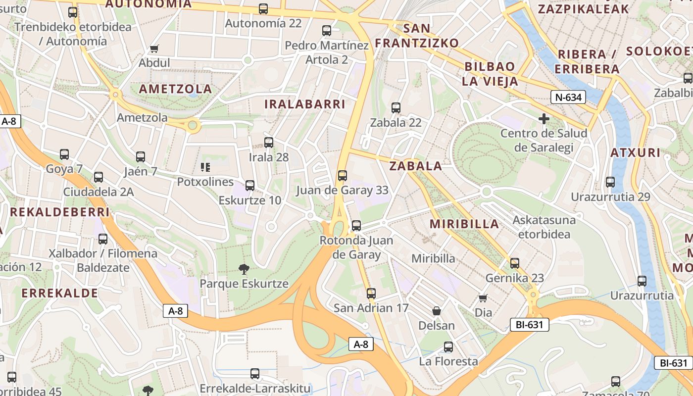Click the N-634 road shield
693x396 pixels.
[x=568, y=97]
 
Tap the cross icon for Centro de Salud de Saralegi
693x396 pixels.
[x=544, y=119]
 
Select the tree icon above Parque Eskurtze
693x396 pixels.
[x=244, y=269]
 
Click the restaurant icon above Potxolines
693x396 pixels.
[x=205, y=167]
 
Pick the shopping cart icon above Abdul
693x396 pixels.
[x=154, y=49]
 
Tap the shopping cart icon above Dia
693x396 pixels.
[x=483, y=298]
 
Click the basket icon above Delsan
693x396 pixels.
[x=437, y=311]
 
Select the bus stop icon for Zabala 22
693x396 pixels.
[x=396, y=108]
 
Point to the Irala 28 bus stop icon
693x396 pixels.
[x=269, y=143]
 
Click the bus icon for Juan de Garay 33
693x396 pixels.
[x=342, y=175]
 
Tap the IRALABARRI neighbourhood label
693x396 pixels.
[x=304, y=104]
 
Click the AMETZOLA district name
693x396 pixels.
[x=175, y=89]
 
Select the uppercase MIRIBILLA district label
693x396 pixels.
[x=464, y=224]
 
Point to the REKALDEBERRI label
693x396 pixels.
[x=59, y=212]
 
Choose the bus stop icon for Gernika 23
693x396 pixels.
[x=515, y=263]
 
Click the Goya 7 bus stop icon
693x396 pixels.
[x=64, y=154]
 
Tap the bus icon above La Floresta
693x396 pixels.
[x=448, y=347]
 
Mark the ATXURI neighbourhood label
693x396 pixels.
[x=635, y=152]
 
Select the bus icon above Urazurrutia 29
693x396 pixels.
[x=610, y=182]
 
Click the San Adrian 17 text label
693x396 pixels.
[x=371, y=308]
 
